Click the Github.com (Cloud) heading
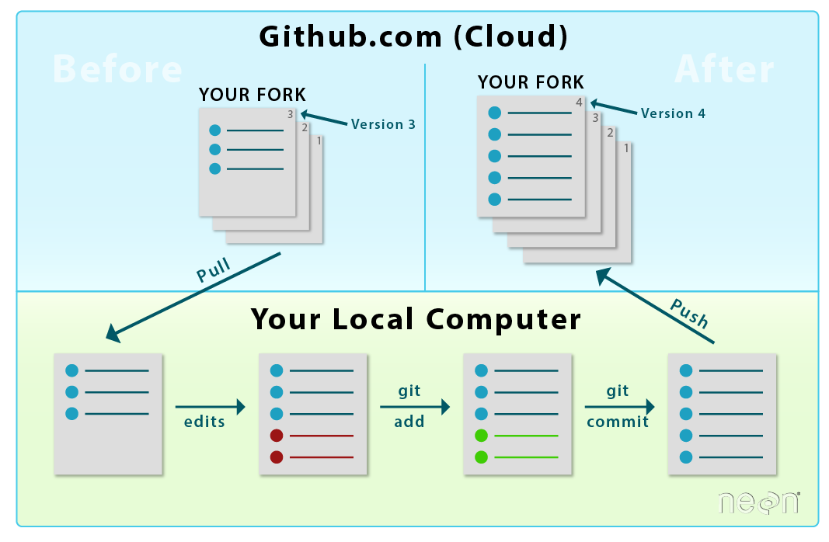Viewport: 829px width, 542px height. [413, 36]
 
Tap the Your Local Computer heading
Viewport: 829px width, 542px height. [416, 319]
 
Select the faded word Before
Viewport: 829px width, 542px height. [117, 70]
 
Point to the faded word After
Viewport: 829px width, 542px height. [724, 70]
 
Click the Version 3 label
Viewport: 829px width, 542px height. [383, 124]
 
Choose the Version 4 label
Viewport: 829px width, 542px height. [673, 113]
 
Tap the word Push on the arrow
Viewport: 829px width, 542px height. [689, 312]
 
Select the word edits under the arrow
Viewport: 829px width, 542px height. [204, 422]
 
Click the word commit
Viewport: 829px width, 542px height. [618, 422]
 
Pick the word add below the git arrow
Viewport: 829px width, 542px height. [409, 422]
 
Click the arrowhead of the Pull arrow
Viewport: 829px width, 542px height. [113, 334]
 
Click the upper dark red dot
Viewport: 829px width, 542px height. [276, 436]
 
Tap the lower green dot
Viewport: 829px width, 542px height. [481, 457]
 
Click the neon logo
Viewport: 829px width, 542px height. [758, 502]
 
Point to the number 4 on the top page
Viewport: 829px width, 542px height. [579, 102]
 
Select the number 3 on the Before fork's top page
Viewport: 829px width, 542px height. [290, 113]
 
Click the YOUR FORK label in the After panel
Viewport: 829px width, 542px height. [531, 82]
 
